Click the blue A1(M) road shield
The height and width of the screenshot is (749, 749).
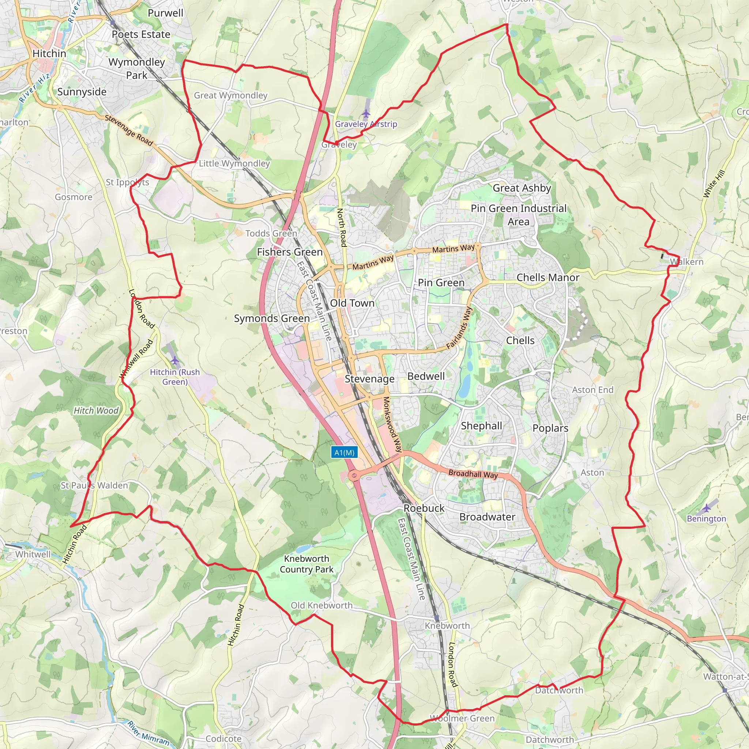(344, 452)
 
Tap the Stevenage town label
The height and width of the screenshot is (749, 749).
(369, 379)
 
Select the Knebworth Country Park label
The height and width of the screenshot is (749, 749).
(306, 564)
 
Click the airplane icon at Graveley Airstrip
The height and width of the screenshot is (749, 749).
(366, 113)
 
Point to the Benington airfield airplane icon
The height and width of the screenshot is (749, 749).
(707, 508)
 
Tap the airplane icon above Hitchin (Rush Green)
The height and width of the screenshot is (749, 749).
(174, 361)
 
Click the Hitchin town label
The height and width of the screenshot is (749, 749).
(49, 53)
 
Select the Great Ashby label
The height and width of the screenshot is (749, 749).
(522, 188)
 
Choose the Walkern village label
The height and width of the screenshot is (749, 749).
(686, 262)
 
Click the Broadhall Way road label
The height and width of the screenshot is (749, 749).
(473, 474)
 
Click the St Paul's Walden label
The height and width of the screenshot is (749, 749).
(94, 485)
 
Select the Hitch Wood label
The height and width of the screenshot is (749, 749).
(96, 411)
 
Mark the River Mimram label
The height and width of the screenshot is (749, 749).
(148, 733)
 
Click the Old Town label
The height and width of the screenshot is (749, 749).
(352, 303)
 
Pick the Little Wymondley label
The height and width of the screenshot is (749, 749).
(234, 163)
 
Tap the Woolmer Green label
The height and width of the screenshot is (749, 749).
(462, 718)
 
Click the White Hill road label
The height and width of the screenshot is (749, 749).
(714, 184)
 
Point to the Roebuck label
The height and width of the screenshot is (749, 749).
(424, 508)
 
